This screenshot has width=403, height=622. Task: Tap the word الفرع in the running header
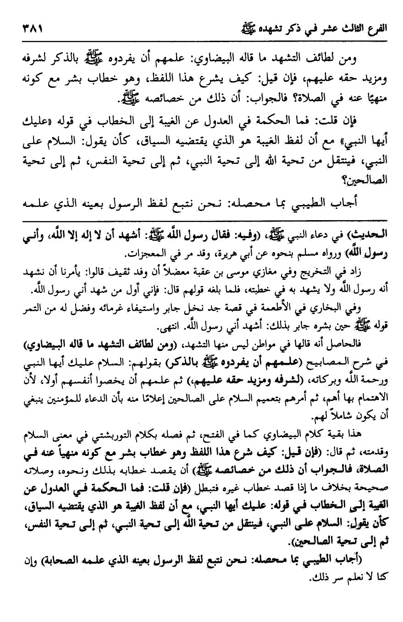[x=375, y=28]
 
